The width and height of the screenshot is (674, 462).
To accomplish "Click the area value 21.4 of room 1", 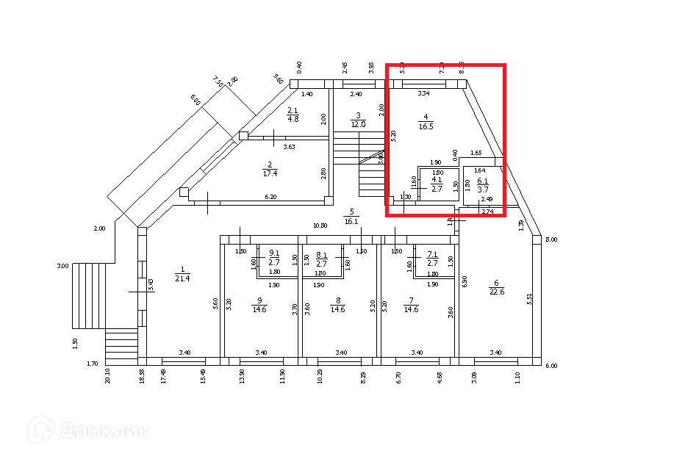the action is click(x=183, y=278).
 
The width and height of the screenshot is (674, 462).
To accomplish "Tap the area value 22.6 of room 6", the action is click(x=497, y=292).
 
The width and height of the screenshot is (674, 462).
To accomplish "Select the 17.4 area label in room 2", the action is click(x=270, y=173).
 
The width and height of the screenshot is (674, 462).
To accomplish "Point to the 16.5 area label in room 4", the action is click(x=426, y=126).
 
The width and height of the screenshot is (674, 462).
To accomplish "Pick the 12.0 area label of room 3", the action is click(x=358, y=124).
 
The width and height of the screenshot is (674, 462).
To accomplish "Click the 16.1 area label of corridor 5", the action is click(x=351, y=221).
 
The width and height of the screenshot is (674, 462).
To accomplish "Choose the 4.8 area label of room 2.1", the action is click(x=293, y=119).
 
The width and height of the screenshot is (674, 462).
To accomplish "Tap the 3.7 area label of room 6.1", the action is click(x=482, y=190).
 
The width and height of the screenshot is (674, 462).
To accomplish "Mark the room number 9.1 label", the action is click(x=273, y=254).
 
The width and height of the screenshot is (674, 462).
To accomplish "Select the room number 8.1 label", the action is click(x=320, y=254).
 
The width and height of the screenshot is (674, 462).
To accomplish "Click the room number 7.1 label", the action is click(x=432, y=254).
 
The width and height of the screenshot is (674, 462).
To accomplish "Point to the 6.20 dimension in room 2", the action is click(x=271, y=197).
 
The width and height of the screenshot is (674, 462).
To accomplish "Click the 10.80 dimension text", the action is click(x=320, y=225).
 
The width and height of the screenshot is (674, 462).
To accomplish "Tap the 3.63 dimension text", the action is click(x=290, y=147).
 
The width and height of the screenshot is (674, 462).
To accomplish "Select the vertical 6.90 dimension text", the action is click(x=465, y=281).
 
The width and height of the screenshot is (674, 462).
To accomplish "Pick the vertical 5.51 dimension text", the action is click(x=529, y=299).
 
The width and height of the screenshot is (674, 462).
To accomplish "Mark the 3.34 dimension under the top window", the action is click(x=423, y=93).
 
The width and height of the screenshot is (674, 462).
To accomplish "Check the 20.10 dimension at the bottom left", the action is click(x=108, y=376).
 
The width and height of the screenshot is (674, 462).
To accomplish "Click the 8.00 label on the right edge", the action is click(x=551, y=239).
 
